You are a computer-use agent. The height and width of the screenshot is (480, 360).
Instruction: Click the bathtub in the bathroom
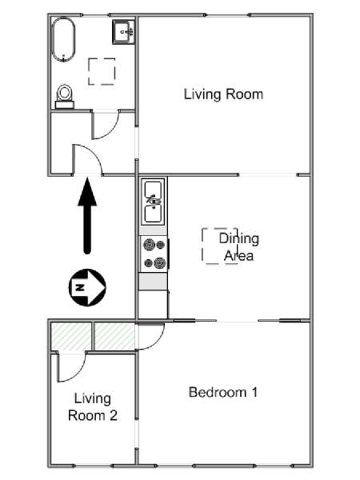coord(63,39)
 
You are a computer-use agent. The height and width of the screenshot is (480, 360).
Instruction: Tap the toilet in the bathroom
coord(65,97)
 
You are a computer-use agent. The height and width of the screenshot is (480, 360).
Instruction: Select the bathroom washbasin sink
coord(124,32)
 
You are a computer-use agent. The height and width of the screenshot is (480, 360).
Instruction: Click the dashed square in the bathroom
coord(102,72)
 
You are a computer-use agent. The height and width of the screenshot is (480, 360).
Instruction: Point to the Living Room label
coord(223,94)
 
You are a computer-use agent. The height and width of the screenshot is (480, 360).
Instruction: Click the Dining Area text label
coord(238,247)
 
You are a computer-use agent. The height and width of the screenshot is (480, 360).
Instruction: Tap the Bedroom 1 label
coord(223,392)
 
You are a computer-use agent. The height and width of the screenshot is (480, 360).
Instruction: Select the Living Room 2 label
coord(93,407)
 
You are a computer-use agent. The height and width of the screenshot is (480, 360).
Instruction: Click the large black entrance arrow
coord(87,216)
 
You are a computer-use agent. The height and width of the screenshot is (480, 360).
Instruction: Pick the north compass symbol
coord(87,287)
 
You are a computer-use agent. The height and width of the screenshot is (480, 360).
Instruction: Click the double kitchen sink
coord(153,201)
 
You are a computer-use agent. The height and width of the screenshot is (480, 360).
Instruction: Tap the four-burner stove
coord(154,254)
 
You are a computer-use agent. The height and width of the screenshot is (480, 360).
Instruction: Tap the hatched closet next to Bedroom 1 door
coord(114,336)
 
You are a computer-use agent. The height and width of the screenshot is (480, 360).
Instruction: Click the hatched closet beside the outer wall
coord(71,336)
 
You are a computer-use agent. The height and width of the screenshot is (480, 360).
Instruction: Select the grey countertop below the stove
coord(153,281)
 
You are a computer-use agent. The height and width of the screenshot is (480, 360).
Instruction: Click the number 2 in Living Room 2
coord(114,416)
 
